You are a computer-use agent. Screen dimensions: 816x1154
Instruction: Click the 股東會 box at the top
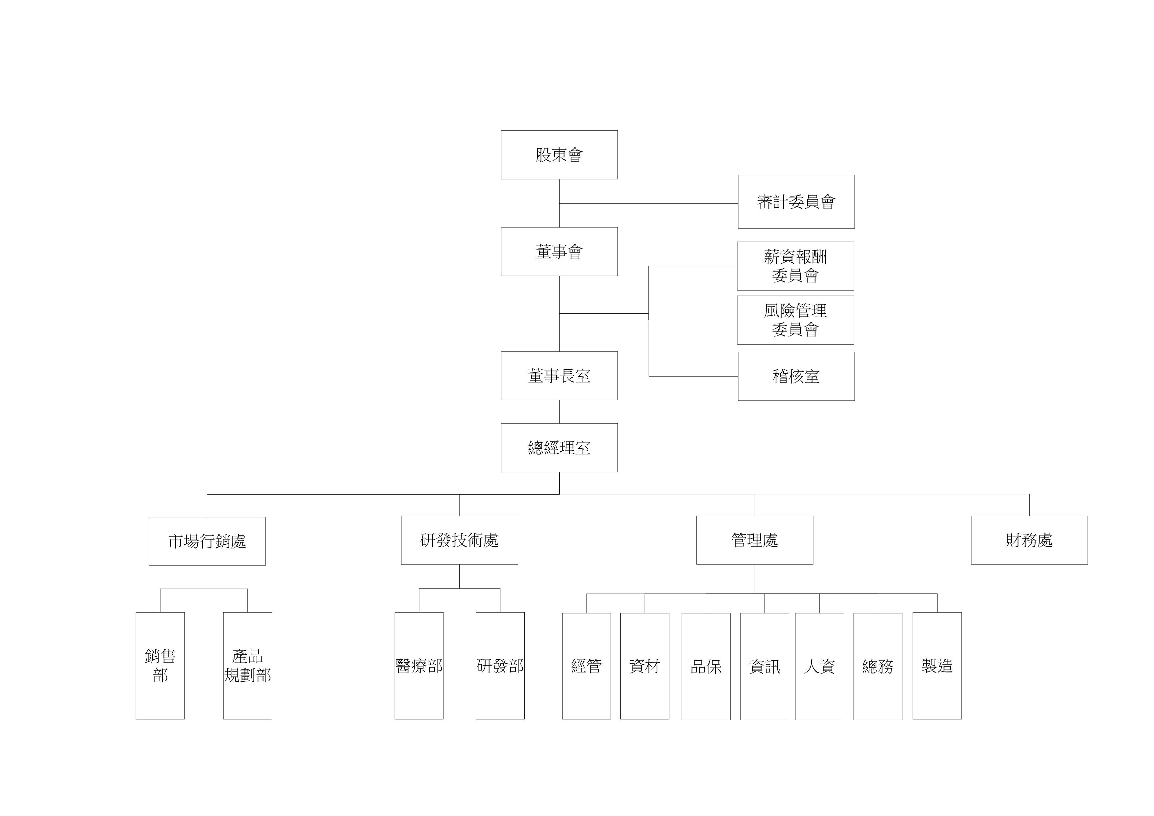tap(559, 155)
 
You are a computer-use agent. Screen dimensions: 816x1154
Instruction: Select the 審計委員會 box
tap(796, 201)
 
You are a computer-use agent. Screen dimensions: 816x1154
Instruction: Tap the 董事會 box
tap(559, 251)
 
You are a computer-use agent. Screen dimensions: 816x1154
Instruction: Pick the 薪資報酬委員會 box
tap(795, 266)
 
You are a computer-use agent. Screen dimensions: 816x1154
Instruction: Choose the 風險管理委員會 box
tap(795, 320)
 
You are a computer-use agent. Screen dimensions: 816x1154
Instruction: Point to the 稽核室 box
tap(796, 376)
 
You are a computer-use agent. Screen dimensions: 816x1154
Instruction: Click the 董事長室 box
tap(559, 376)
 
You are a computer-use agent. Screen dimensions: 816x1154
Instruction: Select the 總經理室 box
tap(559, 447)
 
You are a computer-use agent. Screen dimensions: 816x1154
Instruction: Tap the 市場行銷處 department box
tap(207, 541)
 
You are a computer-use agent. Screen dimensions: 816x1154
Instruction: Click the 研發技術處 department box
tap(459, 540)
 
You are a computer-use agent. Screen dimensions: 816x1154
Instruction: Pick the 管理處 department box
tap(754, 540)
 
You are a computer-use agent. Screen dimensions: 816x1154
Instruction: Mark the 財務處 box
tap(1029, 540)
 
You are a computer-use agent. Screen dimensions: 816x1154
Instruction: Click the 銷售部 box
tap(160, 665)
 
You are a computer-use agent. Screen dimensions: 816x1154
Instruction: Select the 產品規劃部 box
tap(247, 665)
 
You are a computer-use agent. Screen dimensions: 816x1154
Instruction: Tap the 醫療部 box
tap(419, 665)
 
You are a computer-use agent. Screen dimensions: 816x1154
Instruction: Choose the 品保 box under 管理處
tap(706, 666)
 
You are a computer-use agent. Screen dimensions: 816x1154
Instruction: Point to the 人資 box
tap(819, 666)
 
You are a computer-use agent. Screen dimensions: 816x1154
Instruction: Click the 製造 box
tap(937, 665)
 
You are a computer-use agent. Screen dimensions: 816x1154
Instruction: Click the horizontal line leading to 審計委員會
tap(648, 204)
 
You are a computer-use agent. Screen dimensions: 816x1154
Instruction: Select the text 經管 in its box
tap(586, 666)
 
